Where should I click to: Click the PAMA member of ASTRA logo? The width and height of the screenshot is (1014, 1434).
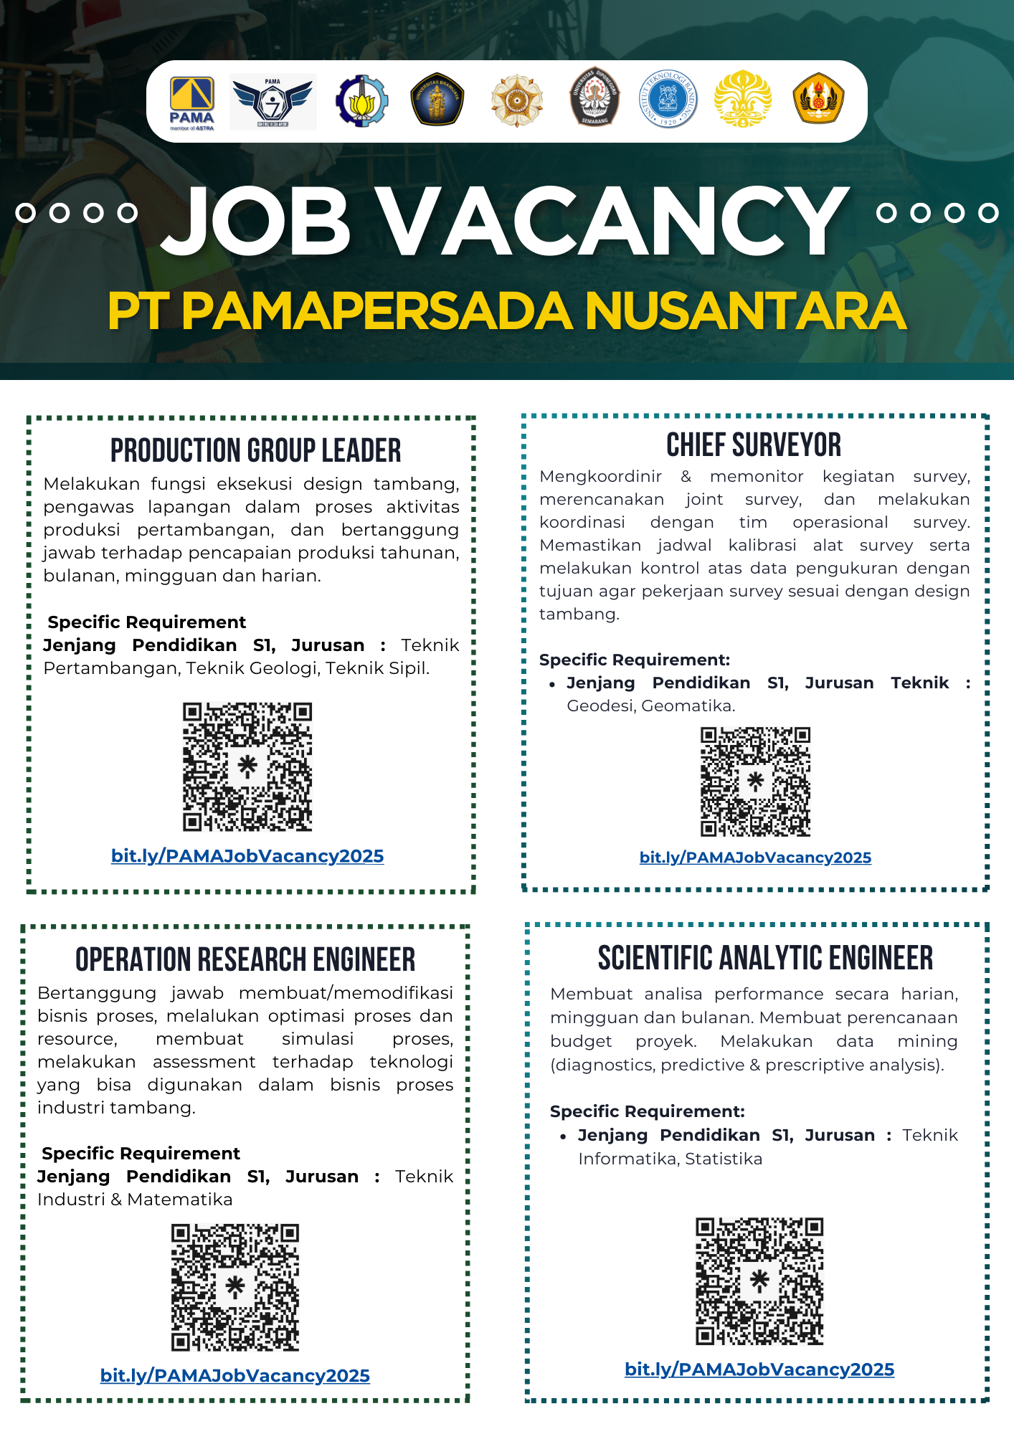pos(191,103)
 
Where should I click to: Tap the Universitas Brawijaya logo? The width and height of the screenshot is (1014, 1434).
pos(437,100)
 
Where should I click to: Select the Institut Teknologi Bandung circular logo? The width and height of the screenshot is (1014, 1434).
pos(668,100)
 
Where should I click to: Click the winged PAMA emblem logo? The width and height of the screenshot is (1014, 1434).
pos(273,102)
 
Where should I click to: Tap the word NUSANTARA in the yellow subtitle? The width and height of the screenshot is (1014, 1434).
pos(745,312)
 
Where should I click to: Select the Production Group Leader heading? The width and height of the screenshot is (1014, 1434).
pos(255,451)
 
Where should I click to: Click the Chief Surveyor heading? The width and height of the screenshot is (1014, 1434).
pos(754,445)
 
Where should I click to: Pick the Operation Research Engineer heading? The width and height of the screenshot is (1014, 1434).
pos(245,960)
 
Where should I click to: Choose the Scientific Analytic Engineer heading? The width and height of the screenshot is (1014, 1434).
pos(765,959)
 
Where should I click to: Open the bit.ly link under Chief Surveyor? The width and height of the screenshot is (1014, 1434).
pos(755,858)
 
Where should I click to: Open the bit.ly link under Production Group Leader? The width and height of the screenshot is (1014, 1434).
pos(247,856)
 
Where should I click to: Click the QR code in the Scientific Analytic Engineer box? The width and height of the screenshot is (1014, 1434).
pos(759,1281)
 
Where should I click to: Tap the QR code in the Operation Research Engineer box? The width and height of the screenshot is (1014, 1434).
pos(235,1287)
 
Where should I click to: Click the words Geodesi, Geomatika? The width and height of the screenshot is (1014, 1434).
pos(650,706)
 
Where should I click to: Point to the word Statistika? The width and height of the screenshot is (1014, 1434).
pos(724,1159)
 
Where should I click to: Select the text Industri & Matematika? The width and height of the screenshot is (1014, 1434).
pos(135,1200)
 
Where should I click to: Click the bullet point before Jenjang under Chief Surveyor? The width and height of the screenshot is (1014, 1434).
pos(552,685)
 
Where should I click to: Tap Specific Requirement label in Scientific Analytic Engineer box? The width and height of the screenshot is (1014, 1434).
pos(647,1111)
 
